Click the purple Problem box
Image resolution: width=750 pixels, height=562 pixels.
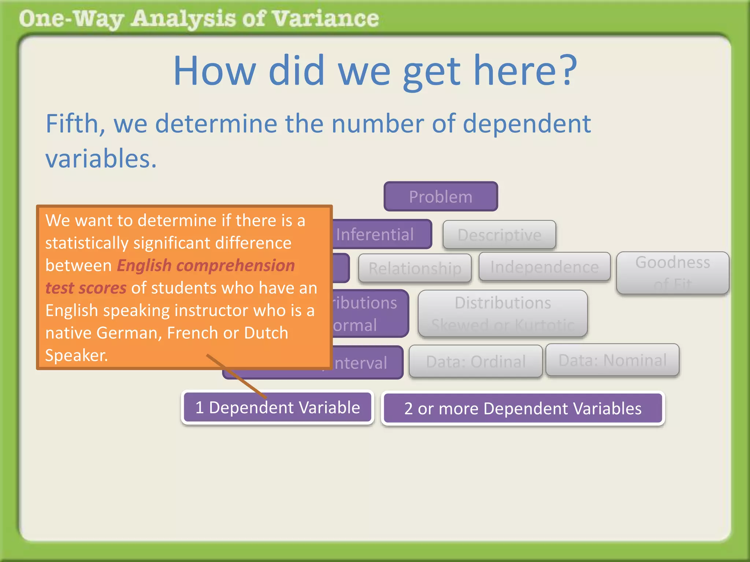(441, 196)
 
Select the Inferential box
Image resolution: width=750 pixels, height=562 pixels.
(381, 234)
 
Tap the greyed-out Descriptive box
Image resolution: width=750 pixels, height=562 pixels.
(499, 235)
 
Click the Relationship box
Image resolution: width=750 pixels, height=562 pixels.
(415, 268)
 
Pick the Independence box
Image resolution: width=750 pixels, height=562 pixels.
(544, 267)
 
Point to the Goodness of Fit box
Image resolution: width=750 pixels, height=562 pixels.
(672, 273)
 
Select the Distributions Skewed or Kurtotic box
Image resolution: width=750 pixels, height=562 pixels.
(502, 313)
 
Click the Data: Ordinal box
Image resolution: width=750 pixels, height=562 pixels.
(475, 361)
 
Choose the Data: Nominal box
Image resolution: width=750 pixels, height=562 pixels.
(612, 360)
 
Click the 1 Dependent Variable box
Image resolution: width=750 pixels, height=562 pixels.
(277, 408)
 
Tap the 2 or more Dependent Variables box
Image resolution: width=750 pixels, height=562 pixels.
(523, 408)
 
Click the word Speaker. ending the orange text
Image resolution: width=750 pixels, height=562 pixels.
(77, 355)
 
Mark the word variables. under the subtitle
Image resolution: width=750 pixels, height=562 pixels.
(101, 159)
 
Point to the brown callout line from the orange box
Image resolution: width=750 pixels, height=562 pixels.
(236, 376)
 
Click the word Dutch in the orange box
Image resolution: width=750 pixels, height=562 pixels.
(266, 333)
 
